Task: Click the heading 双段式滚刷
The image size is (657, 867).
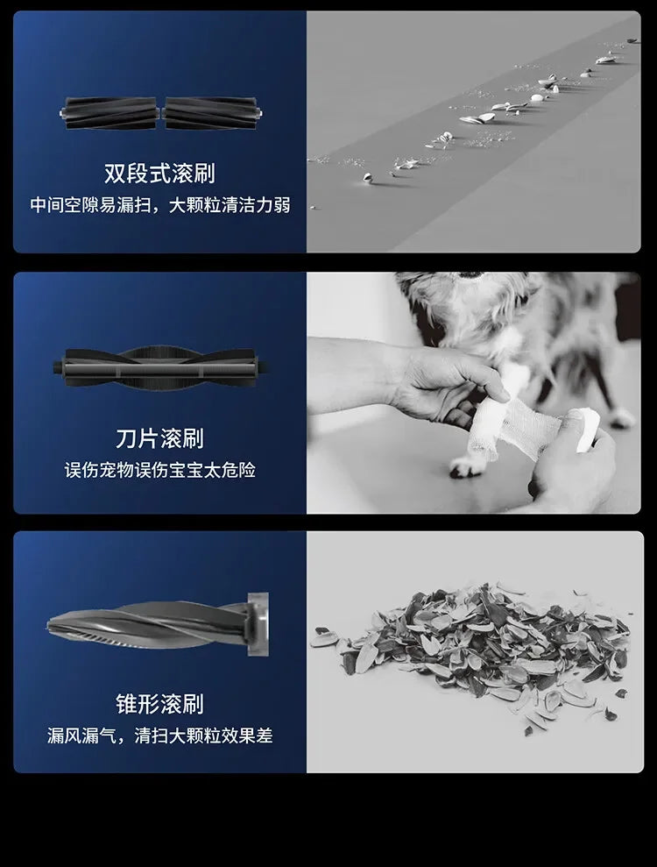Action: [159, 173]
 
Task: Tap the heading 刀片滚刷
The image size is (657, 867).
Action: [159, 437]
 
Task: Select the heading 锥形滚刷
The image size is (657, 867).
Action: [159, 703]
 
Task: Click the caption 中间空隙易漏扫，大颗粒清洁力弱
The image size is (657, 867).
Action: [159, 205]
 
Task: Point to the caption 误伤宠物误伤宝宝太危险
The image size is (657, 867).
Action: [159, 470]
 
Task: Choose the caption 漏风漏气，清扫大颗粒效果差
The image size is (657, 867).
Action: [159, 736]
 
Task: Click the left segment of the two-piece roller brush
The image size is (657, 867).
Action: [109, 113]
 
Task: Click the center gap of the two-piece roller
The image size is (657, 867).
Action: [160, 113]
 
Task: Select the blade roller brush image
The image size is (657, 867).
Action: [159, 367]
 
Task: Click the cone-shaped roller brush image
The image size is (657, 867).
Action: [158, 624]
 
